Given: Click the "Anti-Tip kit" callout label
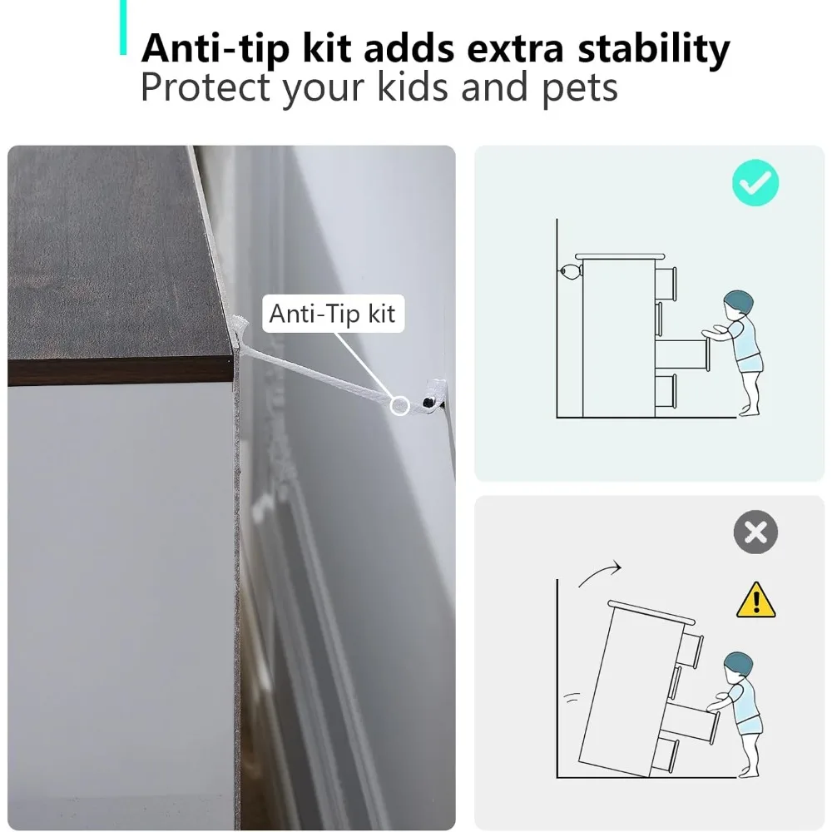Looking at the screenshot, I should (x=333, y=314).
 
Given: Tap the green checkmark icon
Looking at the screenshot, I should (x=755, y=183).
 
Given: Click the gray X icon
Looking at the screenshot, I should (x=755, y=532).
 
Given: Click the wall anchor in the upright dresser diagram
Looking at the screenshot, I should (x=568, y=271).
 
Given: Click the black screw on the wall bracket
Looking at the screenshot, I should (x=427, y=402).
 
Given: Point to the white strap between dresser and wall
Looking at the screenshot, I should (x=316, y=371).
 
